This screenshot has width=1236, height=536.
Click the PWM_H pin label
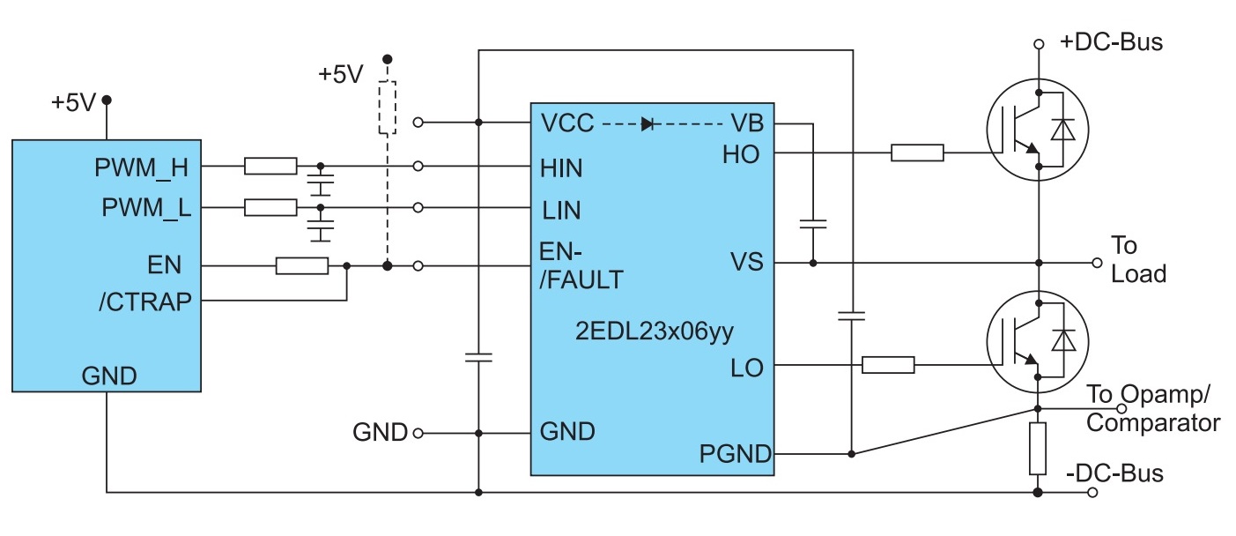141,167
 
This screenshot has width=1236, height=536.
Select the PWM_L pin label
146,208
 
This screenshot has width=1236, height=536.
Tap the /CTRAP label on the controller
145,302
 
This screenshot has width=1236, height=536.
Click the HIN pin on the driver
561,168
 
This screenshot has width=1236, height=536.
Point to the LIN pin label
561,211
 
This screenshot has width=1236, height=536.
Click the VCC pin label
567,123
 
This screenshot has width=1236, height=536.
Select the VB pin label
747,123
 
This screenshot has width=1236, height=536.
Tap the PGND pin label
735,454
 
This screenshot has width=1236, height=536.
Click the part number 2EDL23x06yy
655,331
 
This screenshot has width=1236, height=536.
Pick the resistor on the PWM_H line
270,166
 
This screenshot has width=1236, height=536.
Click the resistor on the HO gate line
917,153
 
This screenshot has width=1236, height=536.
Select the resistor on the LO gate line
888,365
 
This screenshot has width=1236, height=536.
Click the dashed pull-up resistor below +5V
388,108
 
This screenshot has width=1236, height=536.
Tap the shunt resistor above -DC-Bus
1038,449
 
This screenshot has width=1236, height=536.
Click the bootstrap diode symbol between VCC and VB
648,123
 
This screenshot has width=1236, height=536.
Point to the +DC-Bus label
1111,42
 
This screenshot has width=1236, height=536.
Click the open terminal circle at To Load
1097,264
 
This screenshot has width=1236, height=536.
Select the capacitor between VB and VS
813,224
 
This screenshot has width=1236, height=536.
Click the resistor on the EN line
302,266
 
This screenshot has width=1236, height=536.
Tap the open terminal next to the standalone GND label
418,434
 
